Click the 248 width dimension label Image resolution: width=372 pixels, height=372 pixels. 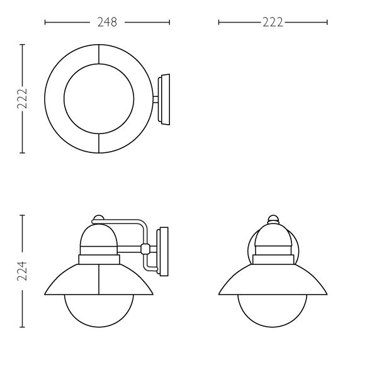coord(107,22)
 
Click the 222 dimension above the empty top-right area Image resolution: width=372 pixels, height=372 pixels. coord(273,22)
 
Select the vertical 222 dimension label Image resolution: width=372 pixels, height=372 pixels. coord(22,99)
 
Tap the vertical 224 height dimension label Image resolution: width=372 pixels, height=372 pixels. coord(22,271)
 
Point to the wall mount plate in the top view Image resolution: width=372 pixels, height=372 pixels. coord(164,99)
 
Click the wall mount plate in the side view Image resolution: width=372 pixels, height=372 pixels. coord(162,252)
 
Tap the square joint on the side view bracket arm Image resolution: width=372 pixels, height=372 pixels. coord(145,249)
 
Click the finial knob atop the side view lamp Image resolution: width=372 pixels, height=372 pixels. coord(98,218)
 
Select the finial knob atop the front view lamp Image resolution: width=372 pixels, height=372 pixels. coord(273,219)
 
